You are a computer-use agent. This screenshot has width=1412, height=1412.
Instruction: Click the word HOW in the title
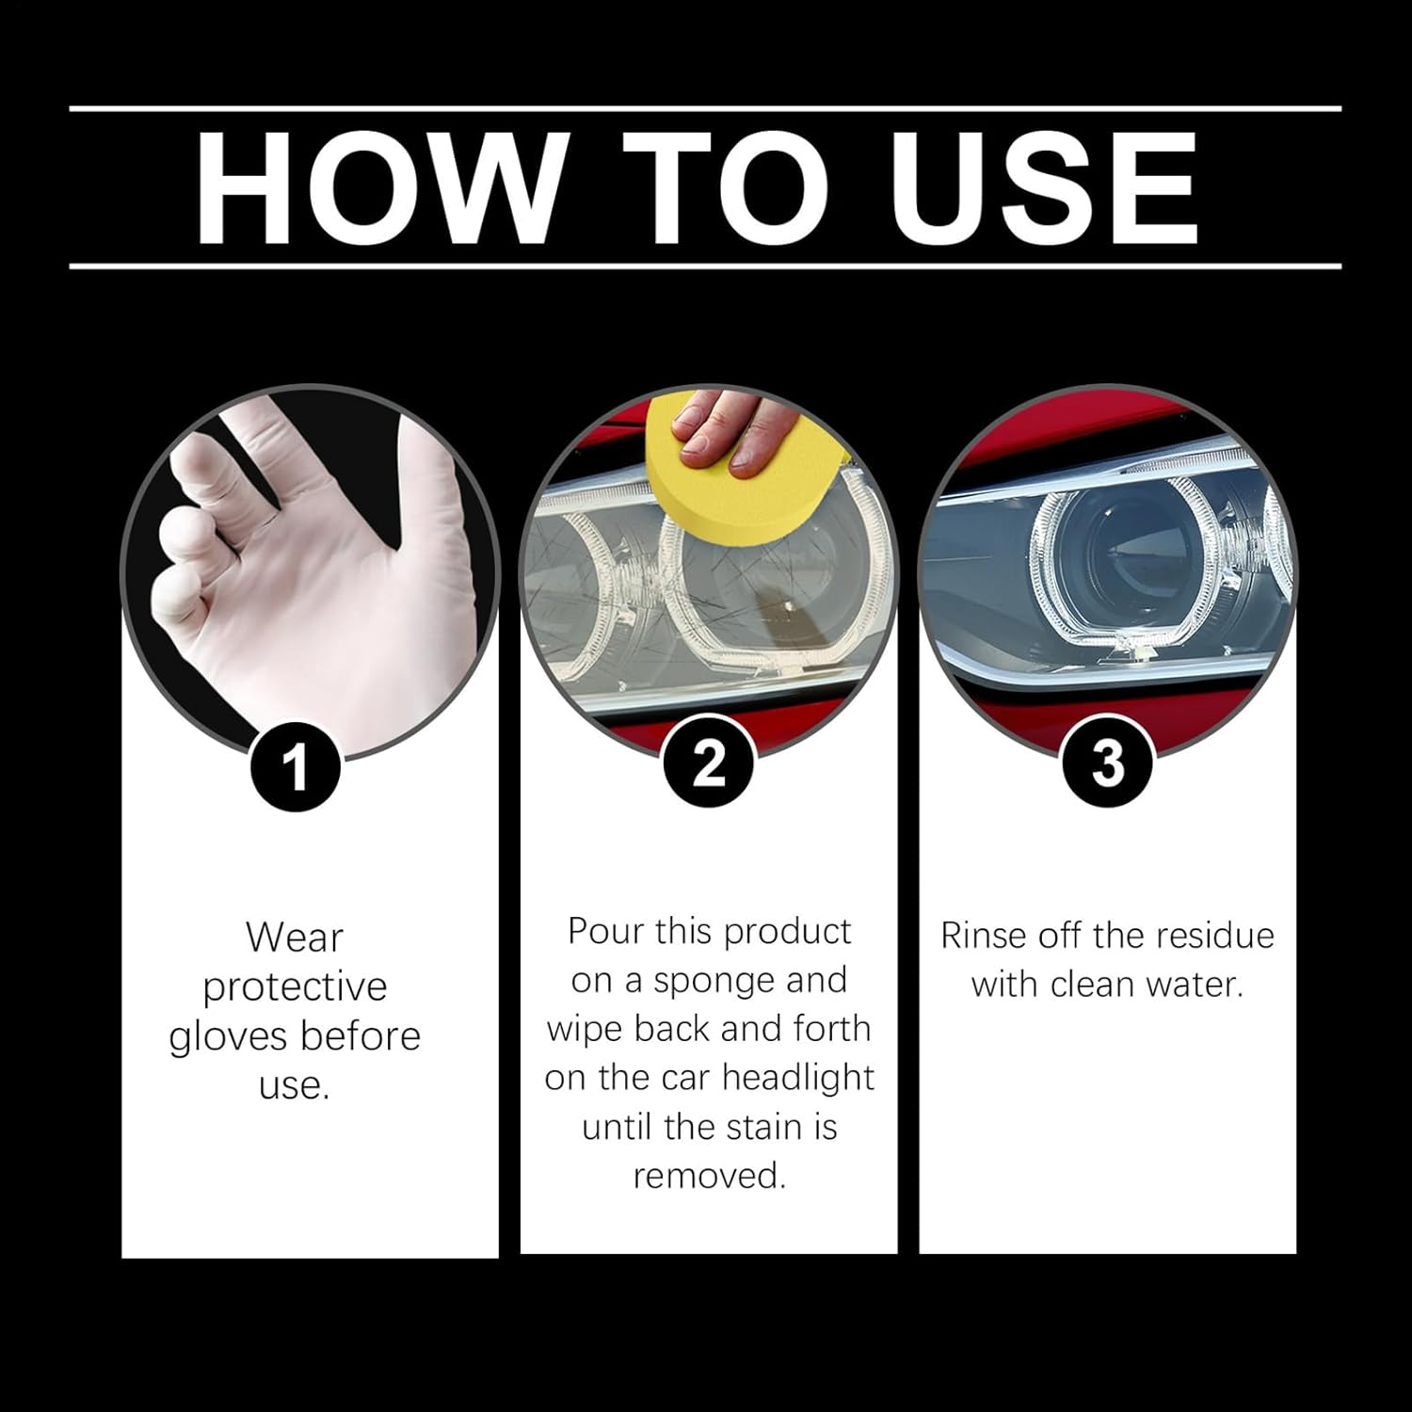[x=375, y=188]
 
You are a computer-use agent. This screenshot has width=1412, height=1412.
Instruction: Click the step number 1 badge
[x=296, y=767]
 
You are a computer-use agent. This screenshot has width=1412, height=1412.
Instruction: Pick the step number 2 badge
[x=709, y=763]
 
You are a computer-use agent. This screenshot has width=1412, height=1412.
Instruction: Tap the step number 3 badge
[x=1107, y=763]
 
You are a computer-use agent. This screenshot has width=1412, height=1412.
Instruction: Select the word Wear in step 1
[x=295, y=938]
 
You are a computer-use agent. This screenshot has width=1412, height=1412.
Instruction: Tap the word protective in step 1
[x=295, y=987]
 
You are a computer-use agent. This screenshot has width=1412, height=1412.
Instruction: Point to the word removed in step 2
[x=709, y=1176]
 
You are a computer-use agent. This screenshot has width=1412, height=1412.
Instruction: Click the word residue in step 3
[x=1214, y=936]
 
